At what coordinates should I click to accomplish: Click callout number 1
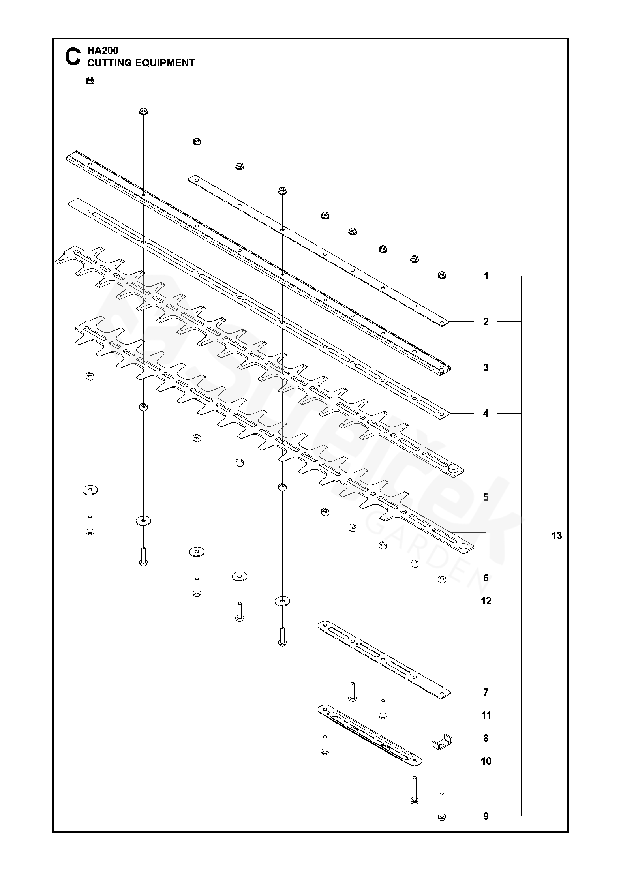click(486, 276)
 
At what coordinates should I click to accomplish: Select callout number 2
click(486, 322)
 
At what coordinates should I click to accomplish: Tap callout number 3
click(486, 367)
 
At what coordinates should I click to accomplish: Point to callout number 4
click(486, 413)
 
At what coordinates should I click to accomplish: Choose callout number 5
click(486, 497)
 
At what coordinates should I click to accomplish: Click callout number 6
click(486, 578)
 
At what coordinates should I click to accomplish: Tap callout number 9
click(486, 816)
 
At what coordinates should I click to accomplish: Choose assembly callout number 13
click(556, 536)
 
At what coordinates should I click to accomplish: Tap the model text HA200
click(103, 51)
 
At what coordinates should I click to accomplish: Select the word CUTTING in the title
click(113, 63)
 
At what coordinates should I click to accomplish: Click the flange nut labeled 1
click(442, 275)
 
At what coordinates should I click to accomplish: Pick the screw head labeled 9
click(442, 816)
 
